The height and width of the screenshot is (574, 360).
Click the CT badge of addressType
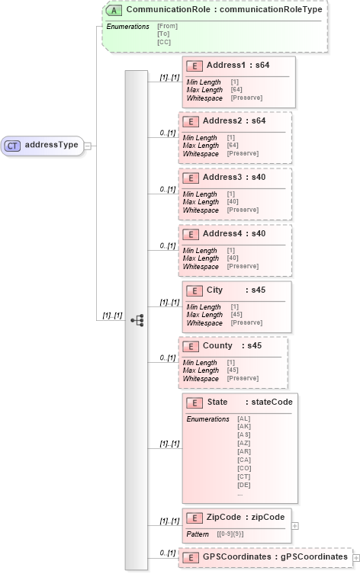(14, 145)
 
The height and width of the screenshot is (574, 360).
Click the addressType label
(52, 145)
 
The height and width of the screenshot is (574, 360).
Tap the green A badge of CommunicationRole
(114, 10)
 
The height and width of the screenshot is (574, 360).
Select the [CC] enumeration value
(164, 42)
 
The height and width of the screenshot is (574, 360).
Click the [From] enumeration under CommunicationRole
(168, 27)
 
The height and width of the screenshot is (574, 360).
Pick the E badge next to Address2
(190, 121)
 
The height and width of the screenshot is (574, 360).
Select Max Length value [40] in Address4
(233, 258)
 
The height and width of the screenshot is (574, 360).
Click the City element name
(215, 290)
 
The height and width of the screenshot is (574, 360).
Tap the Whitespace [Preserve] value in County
(243, 378)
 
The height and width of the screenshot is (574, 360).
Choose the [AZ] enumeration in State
(244, 443)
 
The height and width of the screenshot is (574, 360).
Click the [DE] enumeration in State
(244, 485)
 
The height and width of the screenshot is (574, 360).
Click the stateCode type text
(272, 402)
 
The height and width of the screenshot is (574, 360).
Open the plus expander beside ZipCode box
(295, 525)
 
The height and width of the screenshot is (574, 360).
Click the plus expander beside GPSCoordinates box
(355, 558)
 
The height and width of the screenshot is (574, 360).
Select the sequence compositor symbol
(137, 321)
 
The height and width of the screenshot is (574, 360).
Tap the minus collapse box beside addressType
(88, 145)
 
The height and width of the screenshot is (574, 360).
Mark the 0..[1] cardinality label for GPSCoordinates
(168, 552)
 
